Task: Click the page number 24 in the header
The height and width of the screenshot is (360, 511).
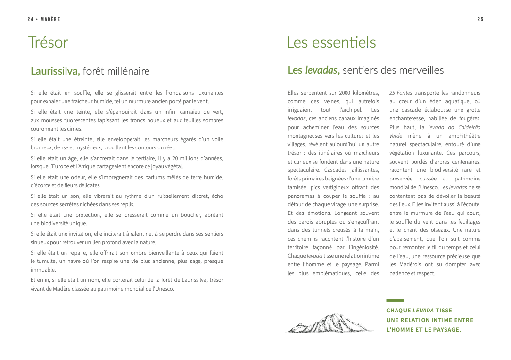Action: (x=30, y=19)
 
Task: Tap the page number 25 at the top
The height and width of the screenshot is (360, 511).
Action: (x=480, y=19)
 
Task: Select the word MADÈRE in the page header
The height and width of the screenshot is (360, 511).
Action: (x=50, y=19)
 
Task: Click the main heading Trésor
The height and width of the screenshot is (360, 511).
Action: (x=48, y=43)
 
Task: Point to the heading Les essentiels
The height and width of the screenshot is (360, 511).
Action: (x=331, y=43)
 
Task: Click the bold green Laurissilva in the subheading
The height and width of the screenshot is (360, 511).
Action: (x=55, y=71)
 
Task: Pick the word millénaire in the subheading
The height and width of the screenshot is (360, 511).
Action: (x=128, y=71)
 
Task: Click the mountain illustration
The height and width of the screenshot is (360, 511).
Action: (x=330, y=323)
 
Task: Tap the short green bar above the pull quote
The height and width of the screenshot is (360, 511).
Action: (x=395, y=300)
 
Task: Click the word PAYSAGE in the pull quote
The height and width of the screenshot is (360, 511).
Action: (x=442, y=330)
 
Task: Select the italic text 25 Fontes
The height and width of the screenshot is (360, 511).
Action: (x=400, y=92)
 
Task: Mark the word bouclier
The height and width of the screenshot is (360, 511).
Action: (x=188, y=214)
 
